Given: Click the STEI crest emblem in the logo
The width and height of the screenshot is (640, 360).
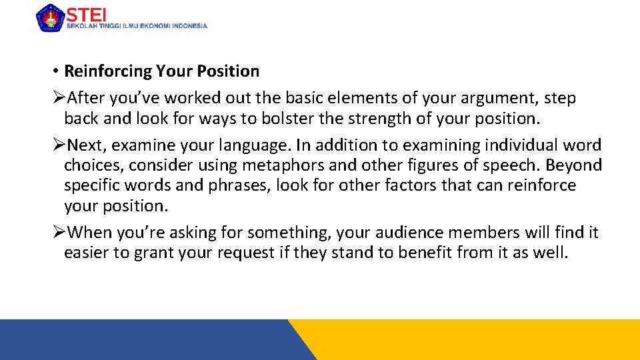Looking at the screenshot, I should coord(50,18).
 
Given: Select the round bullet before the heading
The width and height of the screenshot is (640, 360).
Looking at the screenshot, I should coord(56,71).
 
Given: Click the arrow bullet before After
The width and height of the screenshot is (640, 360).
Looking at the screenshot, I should coord(59,98).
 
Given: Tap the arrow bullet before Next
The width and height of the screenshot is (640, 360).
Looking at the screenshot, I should coord(59,145).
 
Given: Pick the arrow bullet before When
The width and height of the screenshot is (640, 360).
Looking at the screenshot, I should coord(59,233).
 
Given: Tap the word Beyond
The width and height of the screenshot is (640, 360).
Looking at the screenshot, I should coord(574,165).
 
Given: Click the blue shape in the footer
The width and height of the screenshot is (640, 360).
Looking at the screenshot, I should coord(147,340).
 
